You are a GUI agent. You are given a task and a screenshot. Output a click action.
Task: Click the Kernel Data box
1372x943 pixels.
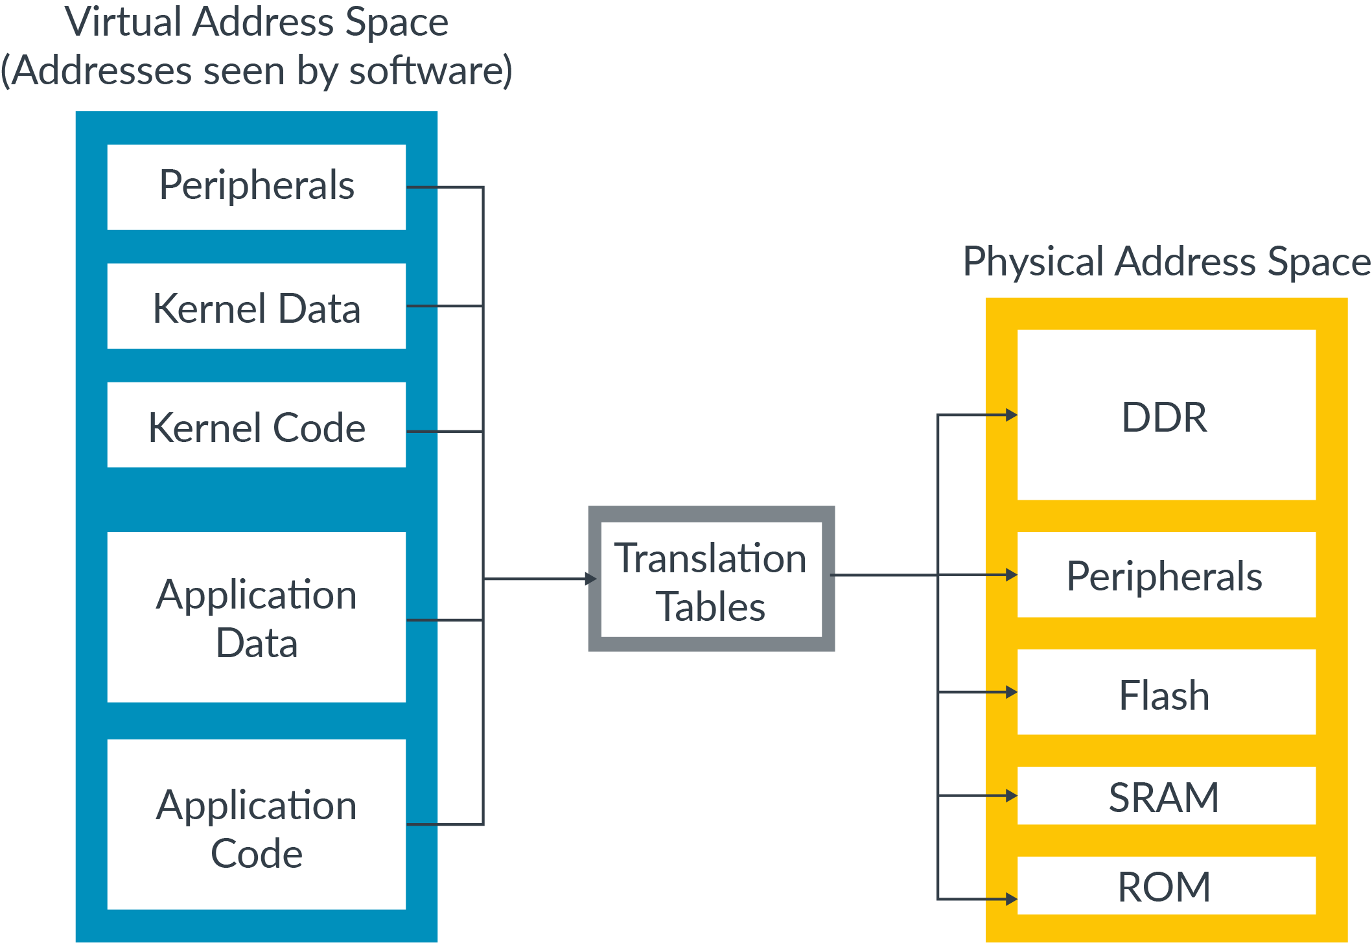point(256,307)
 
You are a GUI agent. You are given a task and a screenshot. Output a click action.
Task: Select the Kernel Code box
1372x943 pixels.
point(256,426)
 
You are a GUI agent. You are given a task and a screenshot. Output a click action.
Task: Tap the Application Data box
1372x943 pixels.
point(256,618)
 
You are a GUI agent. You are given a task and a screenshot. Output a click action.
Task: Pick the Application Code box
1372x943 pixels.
point(256,825)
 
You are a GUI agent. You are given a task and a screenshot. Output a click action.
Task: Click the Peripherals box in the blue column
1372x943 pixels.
point(256,187)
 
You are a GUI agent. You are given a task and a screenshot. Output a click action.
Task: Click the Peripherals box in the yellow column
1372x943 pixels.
point(1165,575)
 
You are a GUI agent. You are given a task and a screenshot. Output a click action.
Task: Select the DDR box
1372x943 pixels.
point(1165,415)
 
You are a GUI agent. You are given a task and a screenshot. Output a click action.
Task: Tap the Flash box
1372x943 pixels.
point(1165,693)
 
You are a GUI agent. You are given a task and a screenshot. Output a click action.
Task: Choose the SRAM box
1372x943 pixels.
point(1165,796)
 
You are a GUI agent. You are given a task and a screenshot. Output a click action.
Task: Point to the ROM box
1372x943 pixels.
point(1165,886)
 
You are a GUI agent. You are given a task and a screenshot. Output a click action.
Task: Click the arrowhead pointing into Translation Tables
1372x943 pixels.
point(590,579)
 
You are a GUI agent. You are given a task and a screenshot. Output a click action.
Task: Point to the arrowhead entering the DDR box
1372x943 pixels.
point(1011,415)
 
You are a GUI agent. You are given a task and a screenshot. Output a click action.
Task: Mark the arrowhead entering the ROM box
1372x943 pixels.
point(1011,899)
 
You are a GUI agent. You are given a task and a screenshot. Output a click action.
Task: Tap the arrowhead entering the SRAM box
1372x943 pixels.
point(1011,795)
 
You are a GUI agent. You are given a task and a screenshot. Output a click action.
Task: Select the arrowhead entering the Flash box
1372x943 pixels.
point(1011,692)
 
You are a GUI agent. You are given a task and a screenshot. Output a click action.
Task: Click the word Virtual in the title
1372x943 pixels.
point(123,22)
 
